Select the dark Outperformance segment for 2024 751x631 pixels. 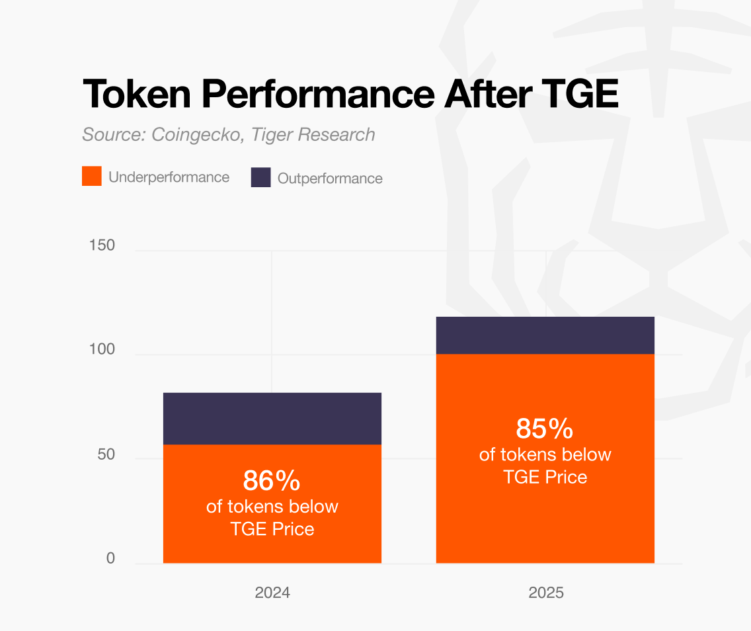[272, 418]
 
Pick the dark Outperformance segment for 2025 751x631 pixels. [545, 335]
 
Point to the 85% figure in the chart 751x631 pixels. [545, 429]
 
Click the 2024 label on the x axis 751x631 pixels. [272, 592]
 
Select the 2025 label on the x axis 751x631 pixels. [546, 592]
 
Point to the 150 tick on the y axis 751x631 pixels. [102, 245]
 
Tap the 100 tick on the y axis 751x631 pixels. [102, 349]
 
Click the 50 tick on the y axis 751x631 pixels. [106, 454]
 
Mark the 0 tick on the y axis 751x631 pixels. [110, 558]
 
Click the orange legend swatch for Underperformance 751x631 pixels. [92, 177]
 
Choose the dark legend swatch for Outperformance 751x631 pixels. [261, 177]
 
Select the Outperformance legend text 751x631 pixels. [330, 178]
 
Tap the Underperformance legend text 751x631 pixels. [169, 177]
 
